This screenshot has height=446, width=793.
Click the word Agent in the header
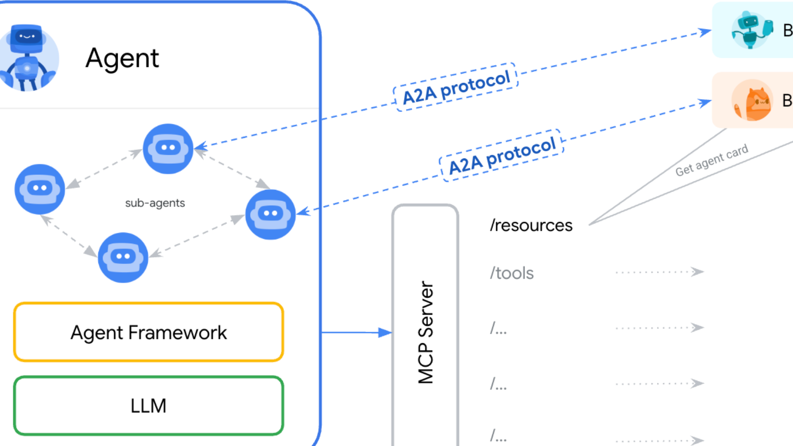point(122,59)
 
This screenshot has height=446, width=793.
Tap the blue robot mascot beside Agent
point(28,57)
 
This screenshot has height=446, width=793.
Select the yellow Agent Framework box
point(149,332)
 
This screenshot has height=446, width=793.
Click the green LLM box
point(149,406)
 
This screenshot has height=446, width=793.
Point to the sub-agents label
point(155,203)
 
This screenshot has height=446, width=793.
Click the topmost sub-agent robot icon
point(168,149)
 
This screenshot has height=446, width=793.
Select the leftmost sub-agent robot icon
point(40,189)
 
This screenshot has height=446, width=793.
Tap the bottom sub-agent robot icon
point(123,257)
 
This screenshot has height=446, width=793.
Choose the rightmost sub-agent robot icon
point(270,214)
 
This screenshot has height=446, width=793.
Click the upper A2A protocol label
point(456,87)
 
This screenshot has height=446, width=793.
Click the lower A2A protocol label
point(502,155)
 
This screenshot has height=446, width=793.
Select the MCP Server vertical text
point(426,332)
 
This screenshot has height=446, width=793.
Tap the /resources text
point(531,225)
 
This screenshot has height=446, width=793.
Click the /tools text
point(512,273)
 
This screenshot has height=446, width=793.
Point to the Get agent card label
point(712,160)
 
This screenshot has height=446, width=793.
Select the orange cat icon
point(753,101)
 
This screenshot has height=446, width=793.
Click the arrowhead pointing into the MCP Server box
point(385,332)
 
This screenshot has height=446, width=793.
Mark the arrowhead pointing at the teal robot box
point(705,32)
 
